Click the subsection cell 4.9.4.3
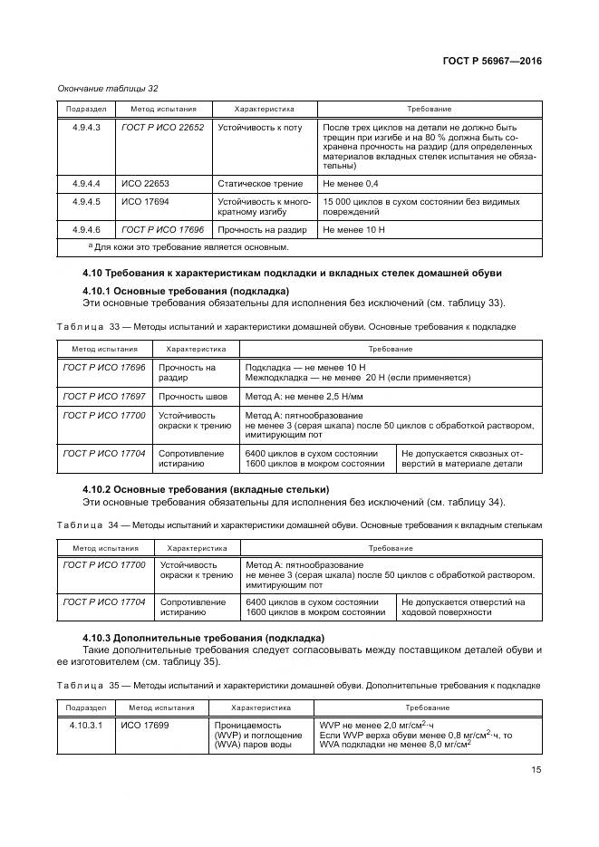87,128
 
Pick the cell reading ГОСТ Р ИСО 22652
162,128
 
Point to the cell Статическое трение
259,184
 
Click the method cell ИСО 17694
143,200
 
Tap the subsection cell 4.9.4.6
87,230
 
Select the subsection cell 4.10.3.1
88,725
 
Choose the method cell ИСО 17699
144,725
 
